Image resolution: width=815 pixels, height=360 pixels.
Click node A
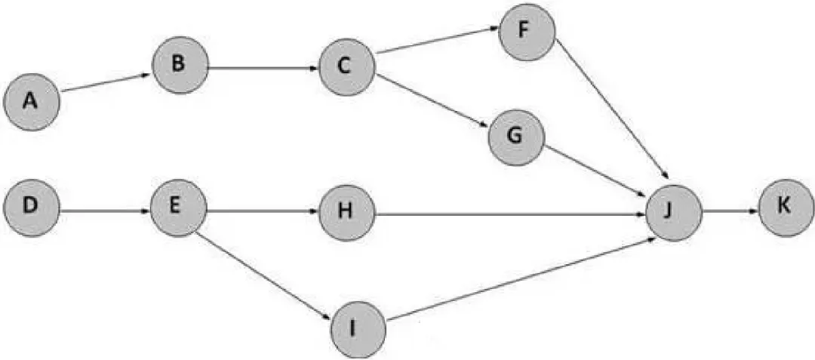tap(32, 101)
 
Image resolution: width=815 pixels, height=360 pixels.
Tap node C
tap(346, 66)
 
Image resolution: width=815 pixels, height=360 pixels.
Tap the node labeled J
tap(673, 213)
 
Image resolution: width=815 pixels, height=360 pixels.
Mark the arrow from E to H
tap(262, 214)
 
